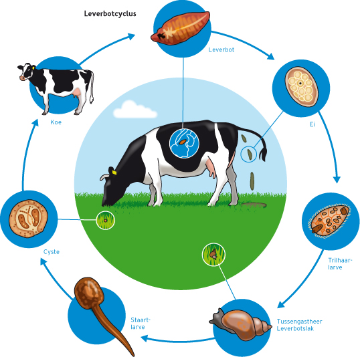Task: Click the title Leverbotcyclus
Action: click(110, 14)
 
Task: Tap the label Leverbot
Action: click(221, 49)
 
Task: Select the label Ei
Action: click(312, 124)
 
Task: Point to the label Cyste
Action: click(52, 252)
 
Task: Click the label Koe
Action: click(56, 122)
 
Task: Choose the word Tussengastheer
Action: click(299, 322)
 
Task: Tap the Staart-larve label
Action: click(141, 324)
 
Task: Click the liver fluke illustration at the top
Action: click(181, 27)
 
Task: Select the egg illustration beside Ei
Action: click(302, 86)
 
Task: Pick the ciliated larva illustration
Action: click(330, 221)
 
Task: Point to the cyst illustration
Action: click(29, 219)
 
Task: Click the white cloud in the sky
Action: click(134, 110)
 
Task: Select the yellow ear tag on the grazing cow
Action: click(114, 172)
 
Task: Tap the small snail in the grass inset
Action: click(213, 254)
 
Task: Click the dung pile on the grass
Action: click(254, 205)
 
